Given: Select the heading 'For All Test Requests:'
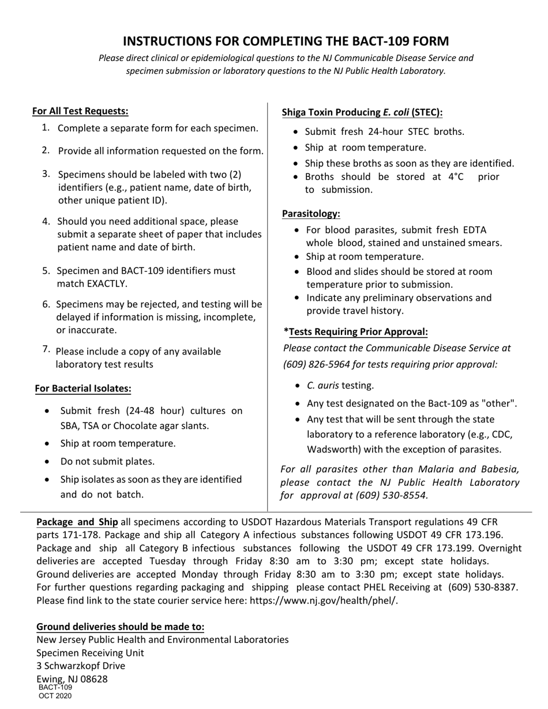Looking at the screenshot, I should (x=80, y=111).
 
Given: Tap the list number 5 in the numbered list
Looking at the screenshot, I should (x=46, y=270).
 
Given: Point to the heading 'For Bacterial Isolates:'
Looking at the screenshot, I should (x=83, y=389).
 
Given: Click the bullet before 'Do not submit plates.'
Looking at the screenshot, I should (x=47, y=462).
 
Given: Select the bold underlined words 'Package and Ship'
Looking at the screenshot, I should (x=77, y=522).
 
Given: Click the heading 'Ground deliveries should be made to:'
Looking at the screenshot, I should (x=121, y=627).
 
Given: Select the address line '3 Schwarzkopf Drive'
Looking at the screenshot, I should (x=81, y=666).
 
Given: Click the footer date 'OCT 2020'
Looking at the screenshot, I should (x=55, y=696).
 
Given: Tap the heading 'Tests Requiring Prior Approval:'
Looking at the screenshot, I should (x=358, y=331).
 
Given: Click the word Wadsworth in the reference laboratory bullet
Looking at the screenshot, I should (x=329, y=450).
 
